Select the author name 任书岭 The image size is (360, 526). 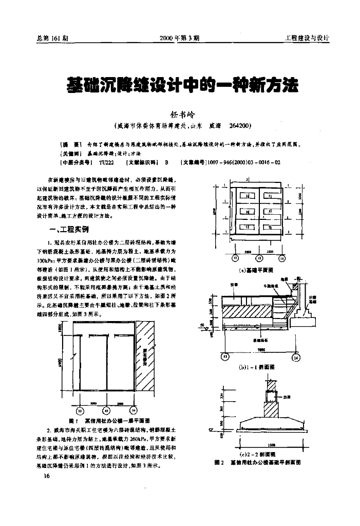tap(180, 115)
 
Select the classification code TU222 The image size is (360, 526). tap(106, 162)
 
